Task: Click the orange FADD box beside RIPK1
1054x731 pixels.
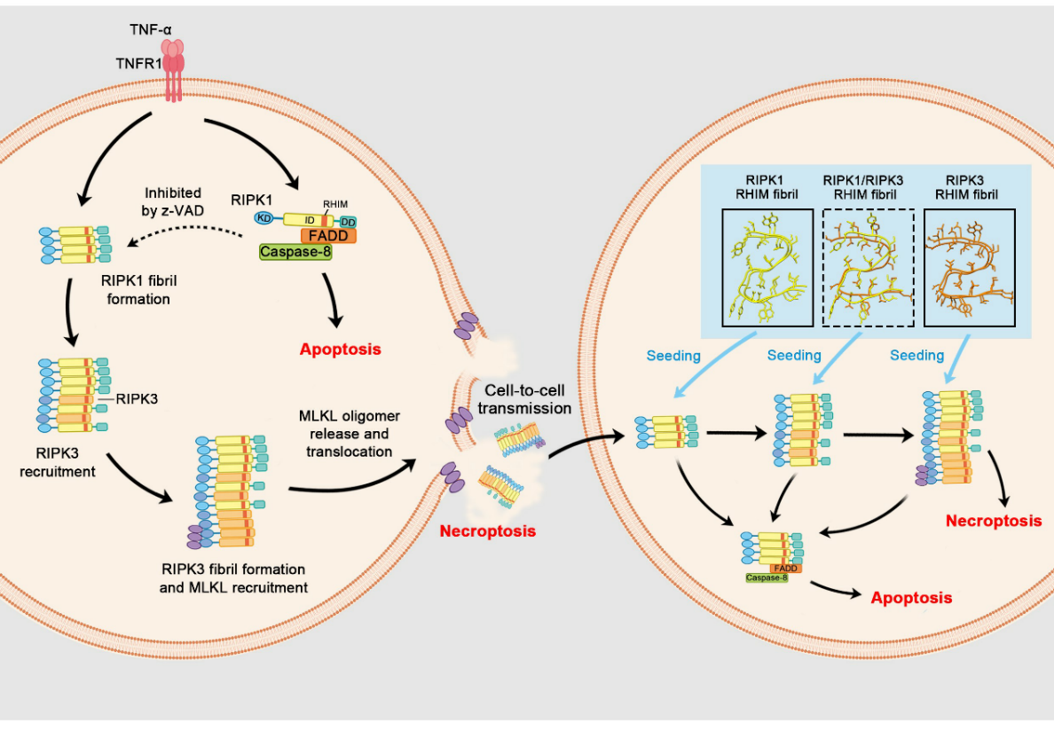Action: coord(328,236)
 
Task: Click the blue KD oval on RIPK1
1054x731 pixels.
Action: coord(263,217)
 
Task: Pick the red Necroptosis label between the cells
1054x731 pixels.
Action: coord(488,531)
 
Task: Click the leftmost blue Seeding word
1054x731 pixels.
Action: coord(673,355)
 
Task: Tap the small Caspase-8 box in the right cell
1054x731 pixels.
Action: coord(767,578)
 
